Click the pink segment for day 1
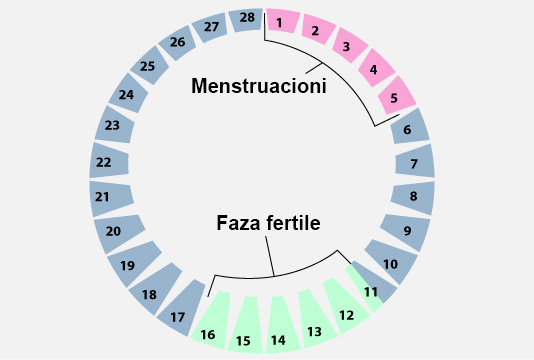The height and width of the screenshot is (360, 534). click(281, 21)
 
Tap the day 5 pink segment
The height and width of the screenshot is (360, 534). click(396, 96)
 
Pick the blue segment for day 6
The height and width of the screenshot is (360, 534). click(408, 128)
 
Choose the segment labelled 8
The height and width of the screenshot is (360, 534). click(412, 196)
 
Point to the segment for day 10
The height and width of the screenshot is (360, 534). click(391, 264)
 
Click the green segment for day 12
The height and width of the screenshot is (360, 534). click(347, 314)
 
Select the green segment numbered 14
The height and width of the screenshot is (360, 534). click(278, 339)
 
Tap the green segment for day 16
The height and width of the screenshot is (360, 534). click(208, 334)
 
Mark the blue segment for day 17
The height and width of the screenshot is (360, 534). click(178, 317)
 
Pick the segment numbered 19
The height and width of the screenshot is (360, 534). click(127, 265)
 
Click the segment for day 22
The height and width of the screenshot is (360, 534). click(104, 161)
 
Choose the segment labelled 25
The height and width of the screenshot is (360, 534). click(147, 66)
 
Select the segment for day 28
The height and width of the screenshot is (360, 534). click(245, 19)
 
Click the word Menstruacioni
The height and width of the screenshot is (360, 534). click(259, 87)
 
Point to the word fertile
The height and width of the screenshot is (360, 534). click(292, 224)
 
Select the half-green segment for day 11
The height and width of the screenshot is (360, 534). click(371, 292)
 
